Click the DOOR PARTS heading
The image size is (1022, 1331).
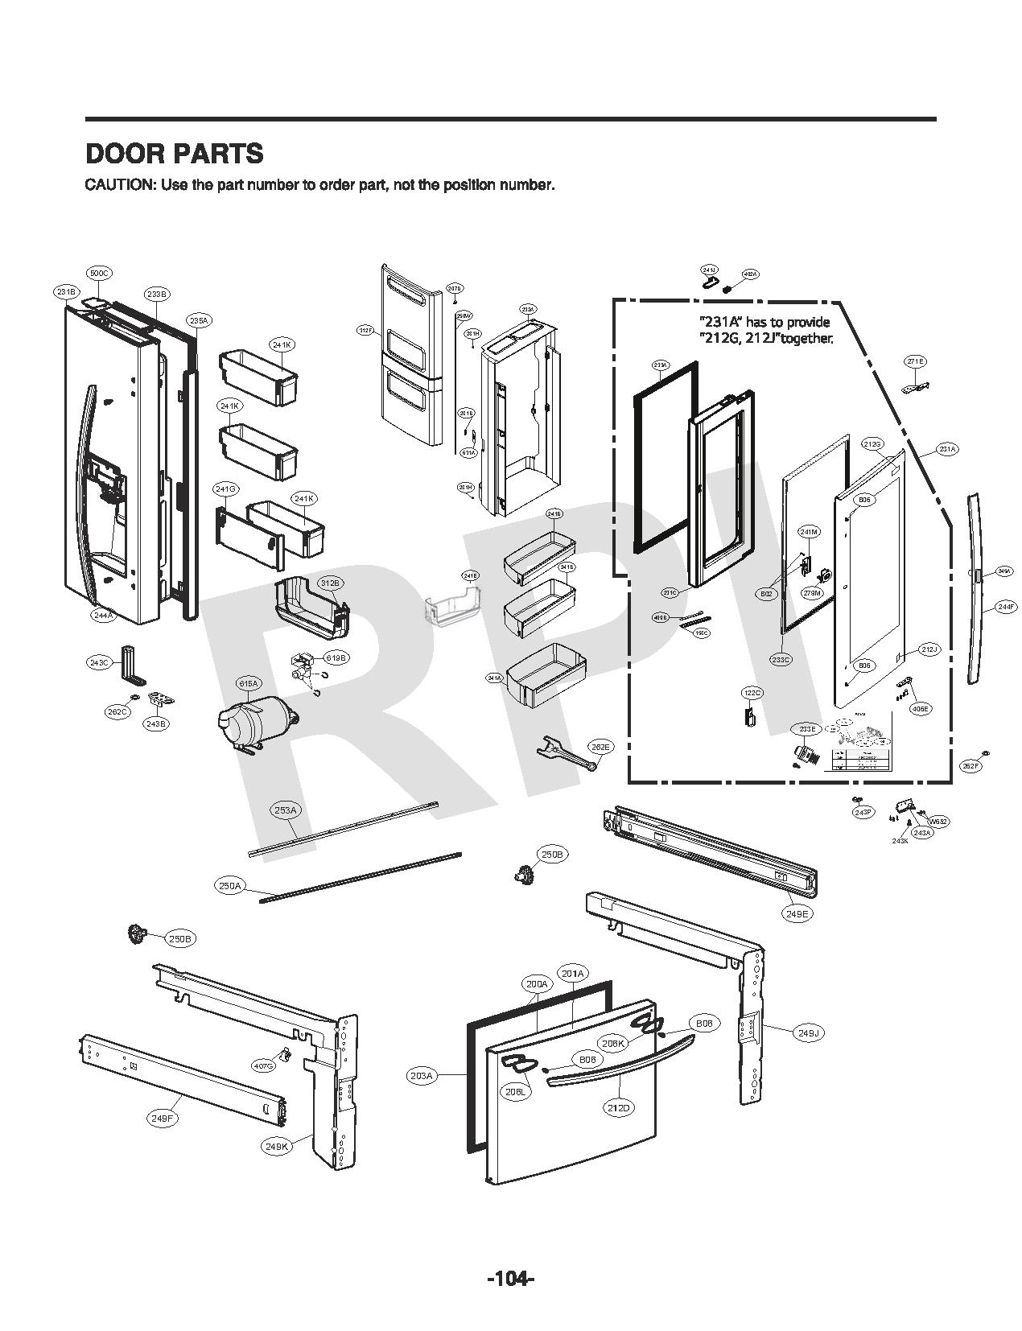point(174,153)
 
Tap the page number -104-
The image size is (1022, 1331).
point(510,1278)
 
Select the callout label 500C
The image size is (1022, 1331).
point(98,274)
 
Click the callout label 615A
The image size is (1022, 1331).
point(248,684)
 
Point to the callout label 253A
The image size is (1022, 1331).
point(286,810)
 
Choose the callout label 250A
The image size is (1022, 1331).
point(229,886)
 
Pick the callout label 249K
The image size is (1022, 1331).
point(276,1148)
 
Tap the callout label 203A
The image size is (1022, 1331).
point(421,1075)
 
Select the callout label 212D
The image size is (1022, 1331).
point(618,1108)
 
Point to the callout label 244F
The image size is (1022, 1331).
point(1005,608)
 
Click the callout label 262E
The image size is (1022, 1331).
point(600,747)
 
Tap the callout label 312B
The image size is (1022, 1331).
point(330,583)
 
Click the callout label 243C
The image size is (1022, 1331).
point(99,662)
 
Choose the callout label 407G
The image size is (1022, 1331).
point(263,1065)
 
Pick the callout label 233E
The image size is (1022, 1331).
point(806,729)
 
